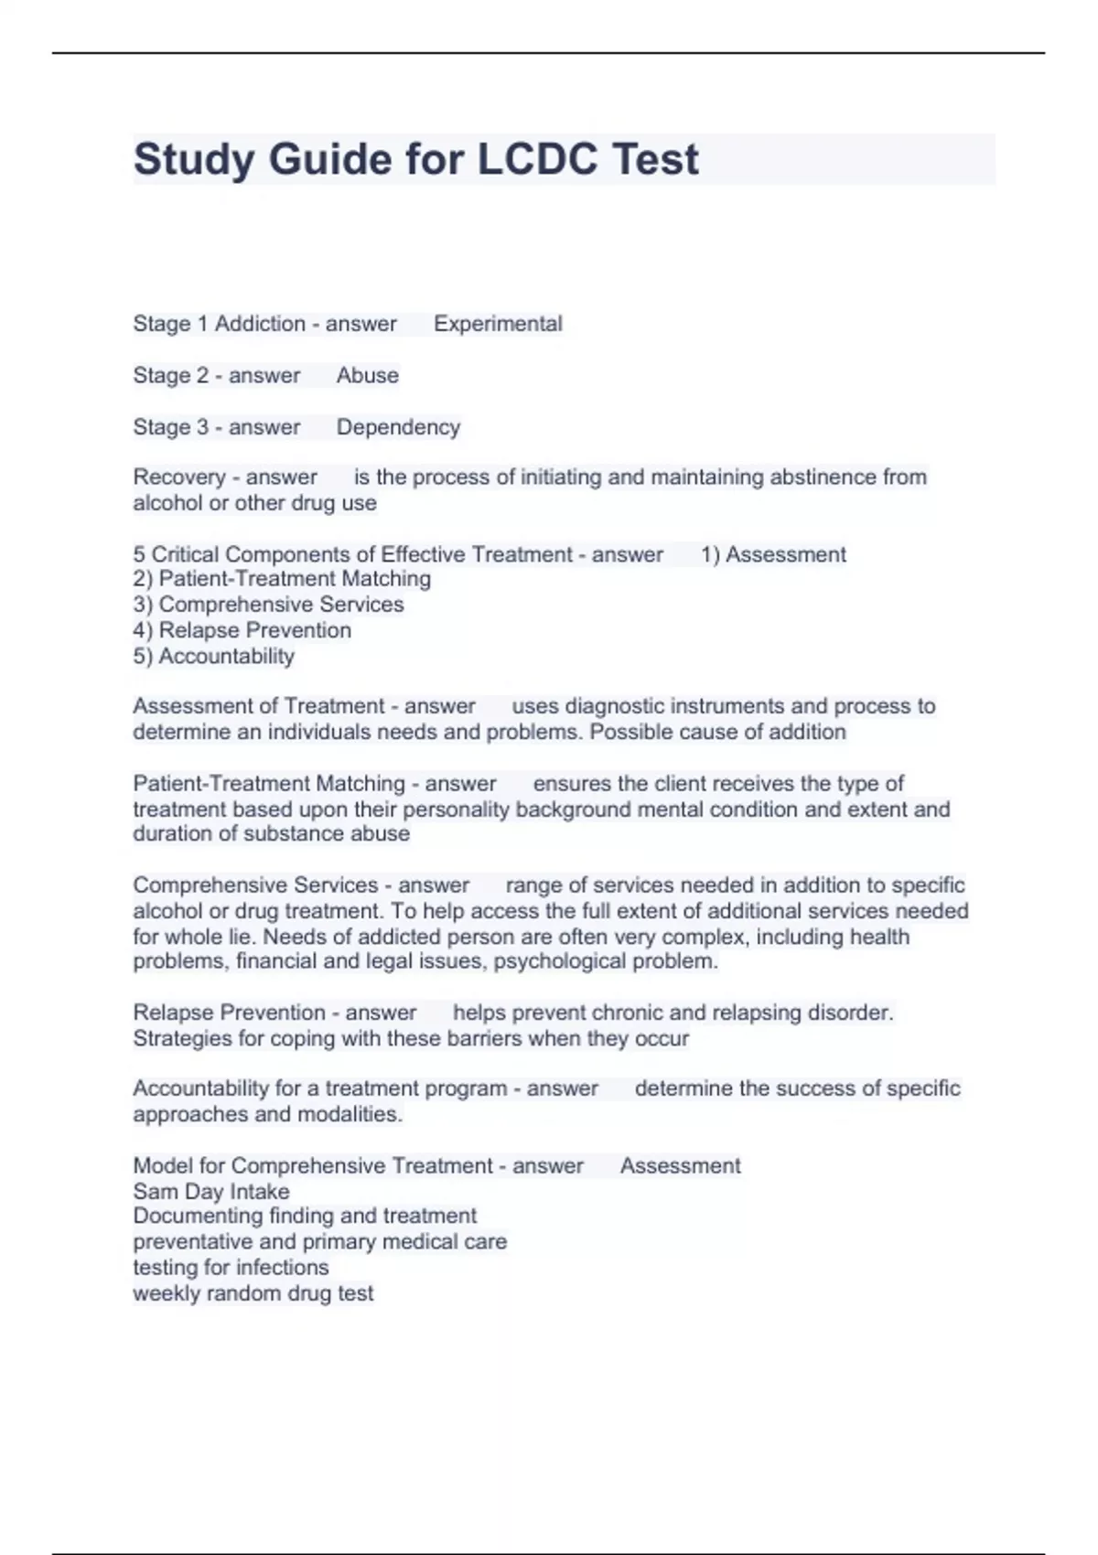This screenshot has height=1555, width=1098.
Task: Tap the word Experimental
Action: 498,324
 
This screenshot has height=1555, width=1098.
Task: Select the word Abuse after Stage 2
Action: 367,375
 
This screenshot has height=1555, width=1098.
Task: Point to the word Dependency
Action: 398,427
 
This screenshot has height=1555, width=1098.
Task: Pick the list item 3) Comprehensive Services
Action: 268,605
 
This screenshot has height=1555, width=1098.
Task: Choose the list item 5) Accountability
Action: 213,656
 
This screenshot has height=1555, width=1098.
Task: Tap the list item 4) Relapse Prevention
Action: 242,630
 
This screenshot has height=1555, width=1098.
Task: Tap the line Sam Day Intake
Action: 210,1192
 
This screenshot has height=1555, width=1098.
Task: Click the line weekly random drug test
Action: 253,1293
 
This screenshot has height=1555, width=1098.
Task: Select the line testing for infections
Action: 231,1268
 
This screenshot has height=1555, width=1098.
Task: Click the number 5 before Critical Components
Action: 139,554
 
